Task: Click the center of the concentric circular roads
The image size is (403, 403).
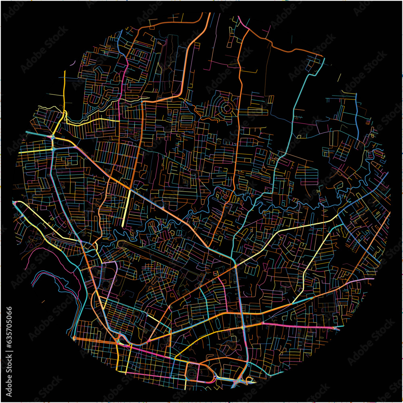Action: [227, 108]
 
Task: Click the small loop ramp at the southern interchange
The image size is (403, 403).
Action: [249, 379]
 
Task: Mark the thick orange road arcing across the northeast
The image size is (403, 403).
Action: [282, 46]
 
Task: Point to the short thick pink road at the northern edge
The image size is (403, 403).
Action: [243, 22]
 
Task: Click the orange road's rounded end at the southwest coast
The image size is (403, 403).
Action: [75, 338]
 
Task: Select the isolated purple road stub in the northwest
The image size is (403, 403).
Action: [73, 64]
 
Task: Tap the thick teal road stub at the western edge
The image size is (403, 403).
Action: [30, 133]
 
